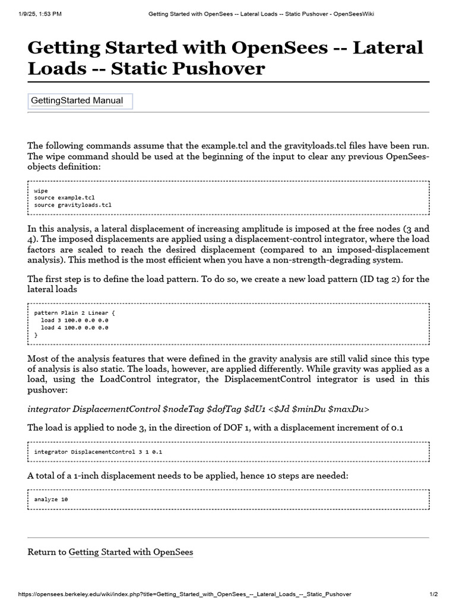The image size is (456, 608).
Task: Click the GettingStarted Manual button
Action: (x=80, y=101)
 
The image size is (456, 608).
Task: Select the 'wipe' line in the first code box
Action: (x=41, y=191)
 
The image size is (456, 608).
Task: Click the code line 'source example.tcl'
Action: (x=64, y=198)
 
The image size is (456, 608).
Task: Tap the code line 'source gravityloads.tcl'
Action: (x=72, y=205)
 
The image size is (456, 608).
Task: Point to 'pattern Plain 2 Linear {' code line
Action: (x=74, y=313)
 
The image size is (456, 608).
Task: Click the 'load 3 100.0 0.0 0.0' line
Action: (x=75, y=320)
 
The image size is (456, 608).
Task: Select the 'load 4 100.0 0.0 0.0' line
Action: (x=75, y=327)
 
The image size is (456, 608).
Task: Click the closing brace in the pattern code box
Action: (x=36, y=335)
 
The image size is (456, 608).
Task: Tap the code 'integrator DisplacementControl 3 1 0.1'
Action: (x=98, y=452)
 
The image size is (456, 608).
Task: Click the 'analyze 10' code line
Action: (x=51, y=499)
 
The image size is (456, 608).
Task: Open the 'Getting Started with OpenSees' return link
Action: (x=131, y=552)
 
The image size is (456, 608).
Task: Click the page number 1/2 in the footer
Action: (x=433, y=594)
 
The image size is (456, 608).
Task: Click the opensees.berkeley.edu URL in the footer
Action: (x=185, y=594)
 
